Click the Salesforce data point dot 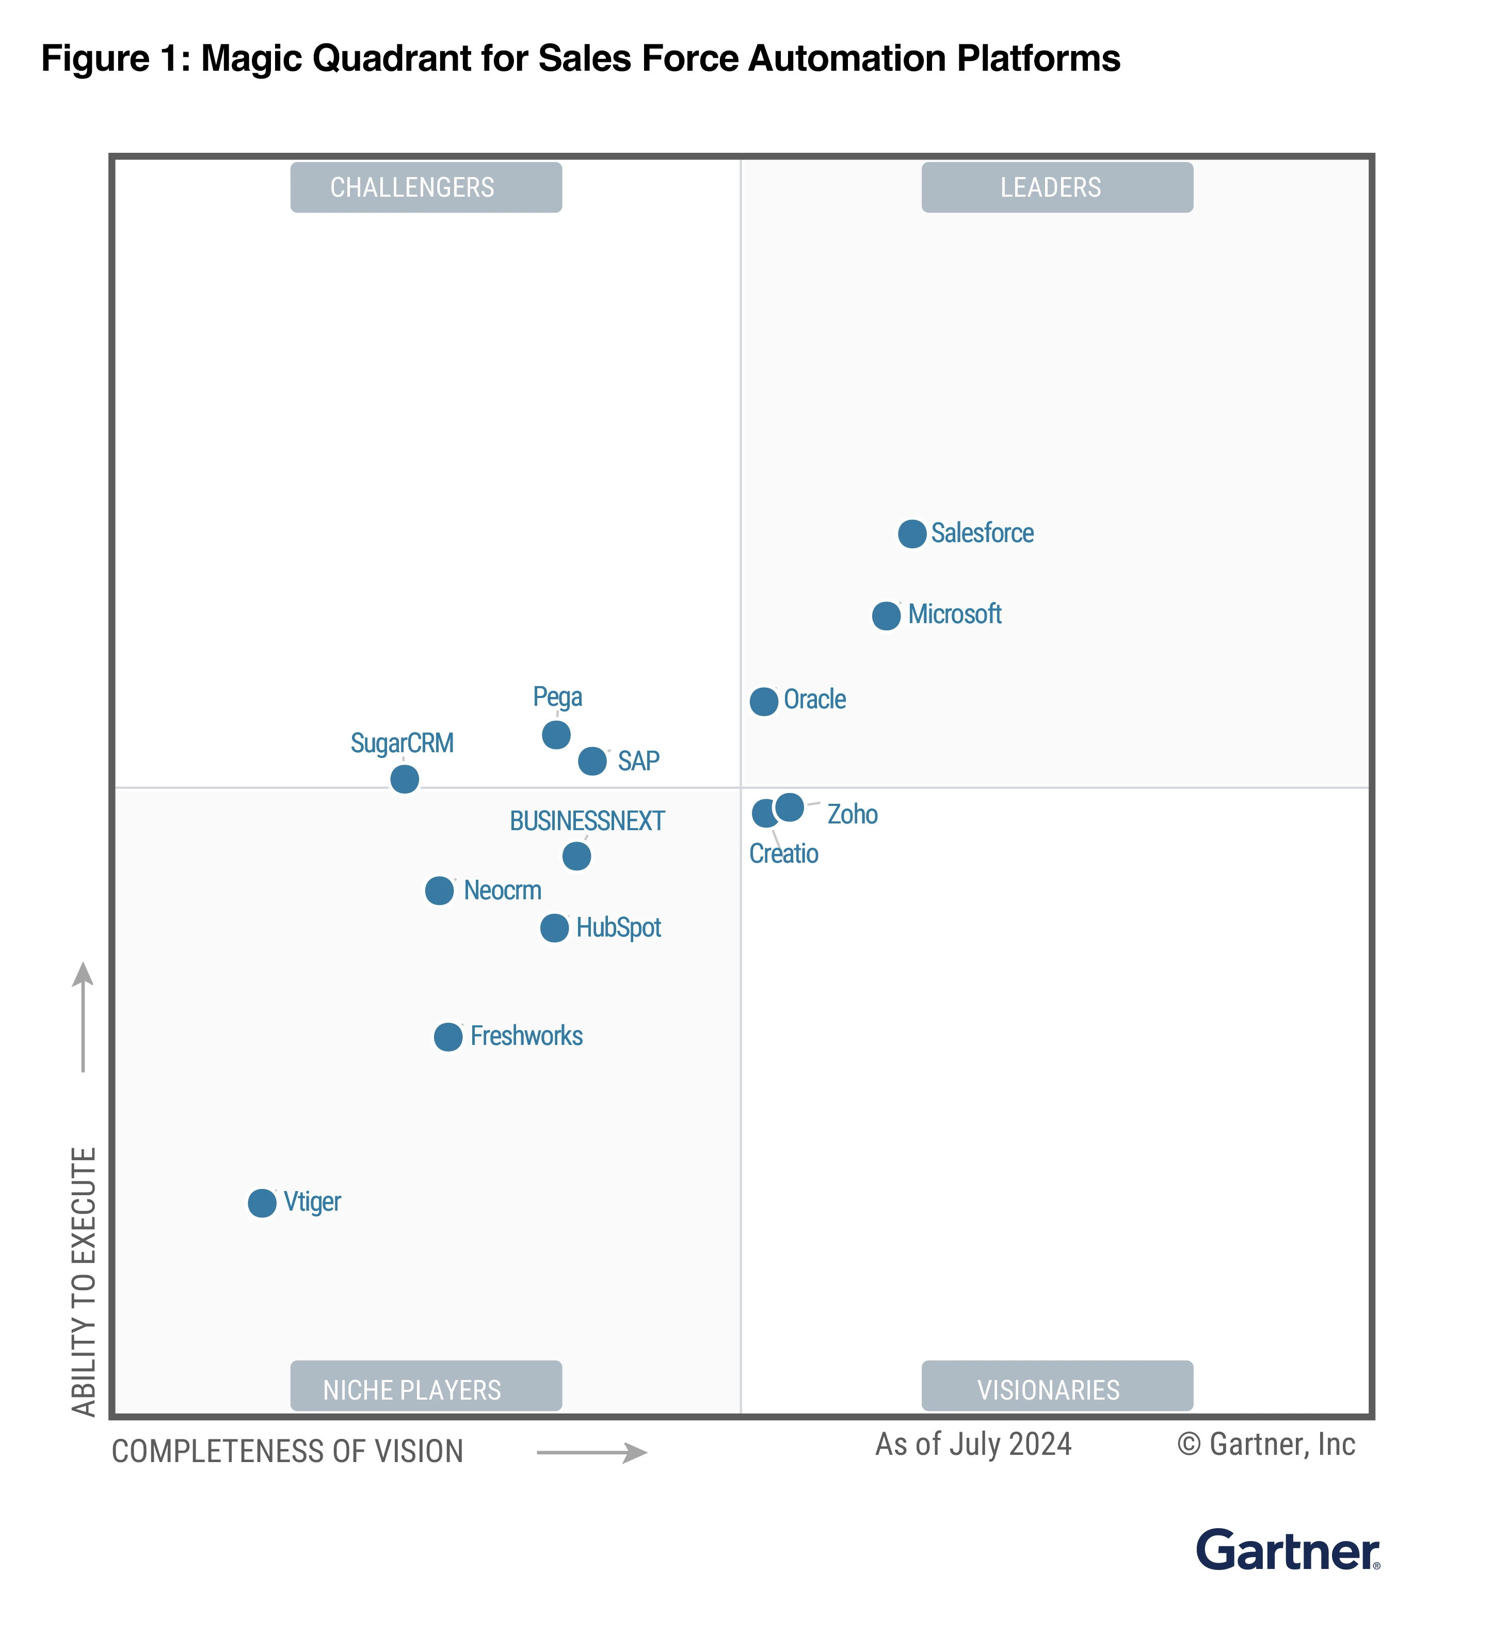coord(912,534)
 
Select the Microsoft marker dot coord(886,616)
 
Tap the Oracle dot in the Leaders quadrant coord(764,701)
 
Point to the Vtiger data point coord(262,1203)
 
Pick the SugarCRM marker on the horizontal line coord(404,779)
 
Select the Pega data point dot coord(556,735)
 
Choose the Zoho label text coord(852,815)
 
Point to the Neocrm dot coord(439,891)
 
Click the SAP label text coord(638,761)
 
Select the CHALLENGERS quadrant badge coord(426,187)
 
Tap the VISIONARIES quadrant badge coord(1056,1389)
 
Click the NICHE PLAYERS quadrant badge coord(426,1389)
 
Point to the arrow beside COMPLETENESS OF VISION coord(591,1452)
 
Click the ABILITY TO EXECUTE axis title coord(84,1281)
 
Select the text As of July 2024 coord(973,1445)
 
